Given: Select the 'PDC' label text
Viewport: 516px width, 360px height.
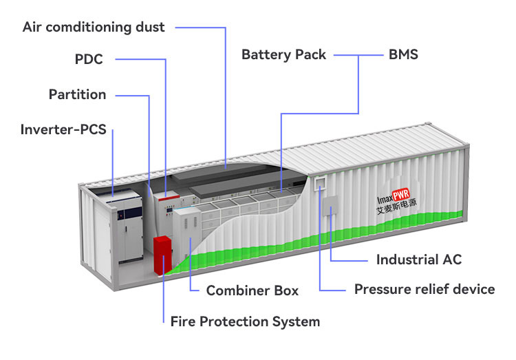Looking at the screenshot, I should pyautogui.click(x=89, y=59).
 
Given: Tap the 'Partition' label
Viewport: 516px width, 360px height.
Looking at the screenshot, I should pyautogui.click(x=77, y=94).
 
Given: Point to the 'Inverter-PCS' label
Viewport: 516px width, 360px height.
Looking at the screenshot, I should pyautogui.click(x=63, y=129).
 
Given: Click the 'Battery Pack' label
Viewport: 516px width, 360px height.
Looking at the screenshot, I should pyautogui.click(x=283, y=54).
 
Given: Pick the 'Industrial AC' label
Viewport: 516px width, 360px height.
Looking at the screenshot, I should pyautogui.click(x=419, y=260).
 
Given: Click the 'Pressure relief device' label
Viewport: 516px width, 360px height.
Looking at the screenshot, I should pyautogui.click(x=424, y=288).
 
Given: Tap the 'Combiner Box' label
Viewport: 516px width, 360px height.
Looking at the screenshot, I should pyautogui.click(x=252, y=290).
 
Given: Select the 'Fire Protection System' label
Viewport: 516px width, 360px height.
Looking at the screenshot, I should pyautogui.click(x=245, y=321).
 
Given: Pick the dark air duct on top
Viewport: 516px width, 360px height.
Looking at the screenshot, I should pyautogui.click(x=227, y=176).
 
